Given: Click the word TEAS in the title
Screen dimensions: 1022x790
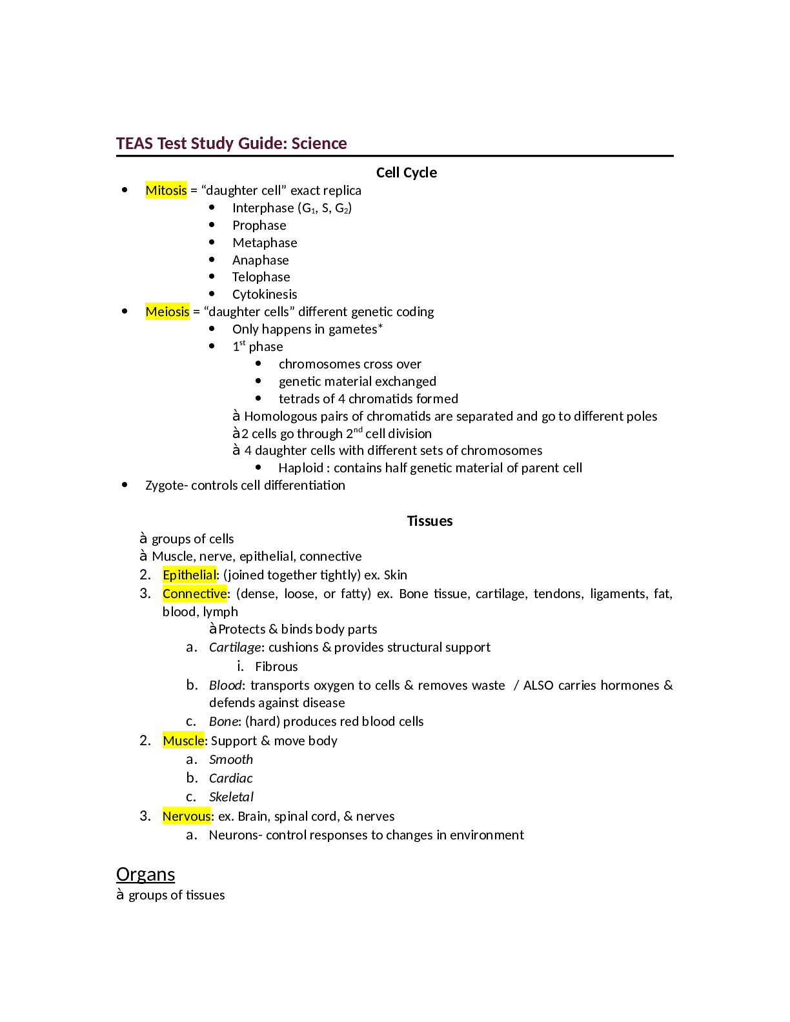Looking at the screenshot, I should click(134, 143).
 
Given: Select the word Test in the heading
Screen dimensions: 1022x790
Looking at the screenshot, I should click(172, 143).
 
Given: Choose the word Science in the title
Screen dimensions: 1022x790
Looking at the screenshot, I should click(319, 143).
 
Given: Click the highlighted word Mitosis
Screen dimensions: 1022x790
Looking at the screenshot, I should click(166, 190).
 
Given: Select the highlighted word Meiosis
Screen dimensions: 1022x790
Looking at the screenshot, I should click(167, 312).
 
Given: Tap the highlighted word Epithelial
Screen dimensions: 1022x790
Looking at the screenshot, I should click(189, 575).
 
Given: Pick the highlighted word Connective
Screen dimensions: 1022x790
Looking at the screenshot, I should click(194, 594).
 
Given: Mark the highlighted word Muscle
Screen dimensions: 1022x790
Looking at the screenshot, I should click(183, 741).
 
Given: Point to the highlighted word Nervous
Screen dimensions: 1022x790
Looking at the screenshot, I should click(187, 816).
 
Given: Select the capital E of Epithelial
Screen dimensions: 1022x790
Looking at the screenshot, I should click(166, 575).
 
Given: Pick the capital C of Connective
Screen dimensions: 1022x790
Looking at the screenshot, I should click(167, 594).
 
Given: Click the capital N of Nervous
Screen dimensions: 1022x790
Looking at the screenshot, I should click(167, 816).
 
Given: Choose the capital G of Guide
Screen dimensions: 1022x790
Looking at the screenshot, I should click(243, 143).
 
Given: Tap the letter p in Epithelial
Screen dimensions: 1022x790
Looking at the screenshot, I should click(173, 576).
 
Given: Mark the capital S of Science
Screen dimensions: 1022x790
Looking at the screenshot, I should click(295, 143).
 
